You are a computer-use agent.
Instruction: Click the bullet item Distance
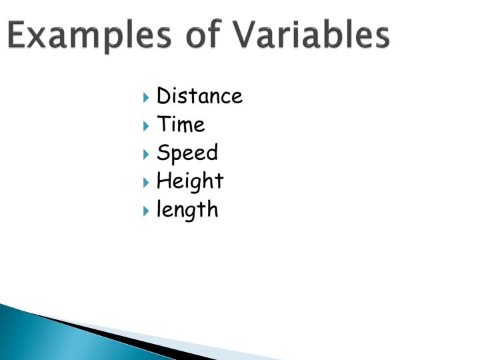click(199, 97)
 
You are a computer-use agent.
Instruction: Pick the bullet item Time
click(181, 125)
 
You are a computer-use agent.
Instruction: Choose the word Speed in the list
click(187, 153)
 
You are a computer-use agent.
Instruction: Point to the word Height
click(190, 181)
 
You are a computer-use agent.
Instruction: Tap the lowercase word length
click(187, 210)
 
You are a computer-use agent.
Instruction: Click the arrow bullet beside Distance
click(147, 98)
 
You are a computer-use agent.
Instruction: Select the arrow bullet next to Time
click(147, 126)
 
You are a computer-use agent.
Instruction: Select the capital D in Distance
click(163, 97)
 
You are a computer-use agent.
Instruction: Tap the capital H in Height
click(164, 181)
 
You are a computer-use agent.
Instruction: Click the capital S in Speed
click(163, 153)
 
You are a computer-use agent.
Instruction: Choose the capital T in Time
click(163, 125)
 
